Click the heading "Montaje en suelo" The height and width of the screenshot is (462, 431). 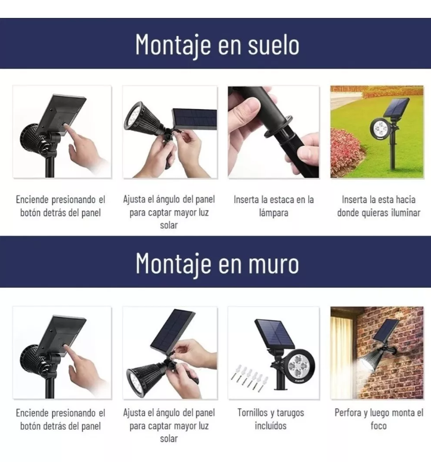[x=217, y=44]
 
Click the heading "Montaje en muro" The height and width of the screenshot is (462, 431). [x=217, y=263]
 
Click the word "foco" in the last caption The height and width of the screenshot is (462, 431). [x=379, y=426]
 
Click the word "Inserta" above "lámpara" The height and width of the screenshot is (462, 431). [x=247, y=199]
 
